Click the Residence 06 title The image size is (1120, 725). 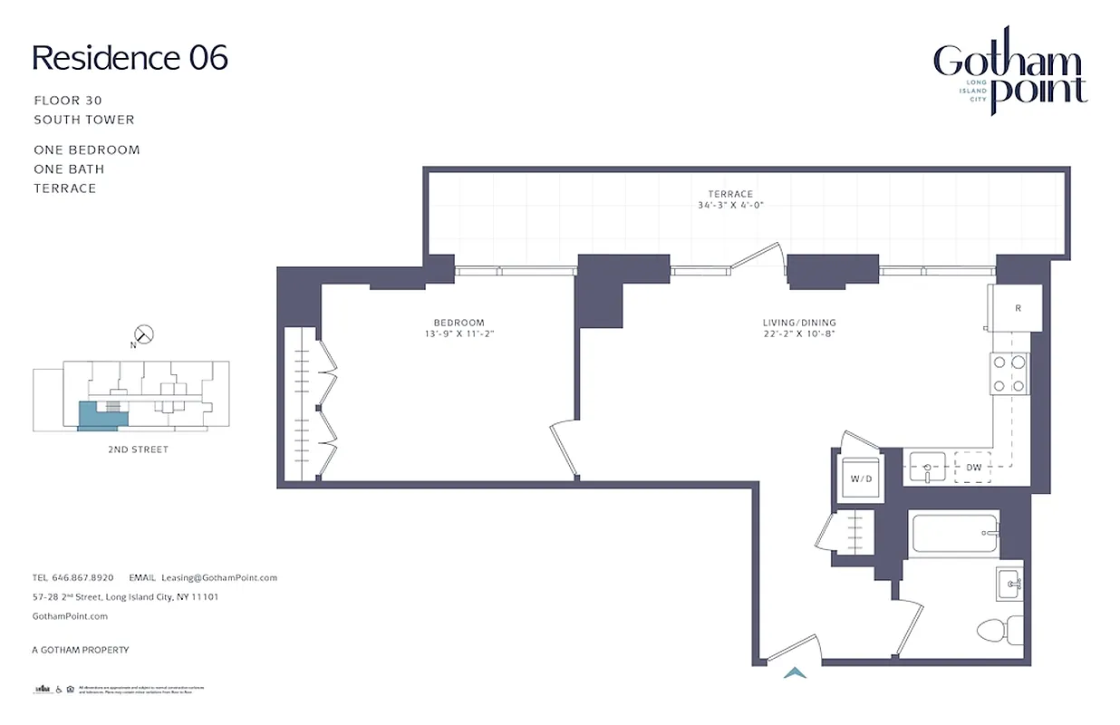[x=130, y=58]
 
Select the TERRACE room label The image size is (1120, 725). [x=730, y=194]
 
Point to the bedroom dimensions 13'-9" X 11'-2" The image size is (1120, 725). [x=459, y=333]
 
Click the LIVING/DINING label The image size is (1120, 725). [x=798, y=323]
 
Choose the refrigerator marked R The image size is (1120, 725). [x=1017, y=308]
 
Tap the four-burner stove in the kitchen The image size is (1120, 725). [x=1009, y=373]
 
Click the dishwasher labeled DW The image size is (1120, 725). [x=974, y=468]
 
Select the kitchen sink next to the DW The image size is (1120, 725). [x=927, y=468]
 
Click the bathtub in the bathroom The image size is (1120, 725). [x=955, y=534]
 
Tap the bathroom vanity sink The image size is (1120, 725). [x=1009, y=584]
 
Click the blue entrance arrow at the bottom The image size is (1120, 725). [x=795, y=672]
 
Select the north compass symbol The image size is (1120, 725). [x=143, y=334]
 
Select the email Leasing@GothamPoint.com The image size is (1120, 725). [x=219, y=577]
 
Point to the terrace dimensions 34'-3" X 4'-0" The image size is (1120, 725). [x=730, y=205]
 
